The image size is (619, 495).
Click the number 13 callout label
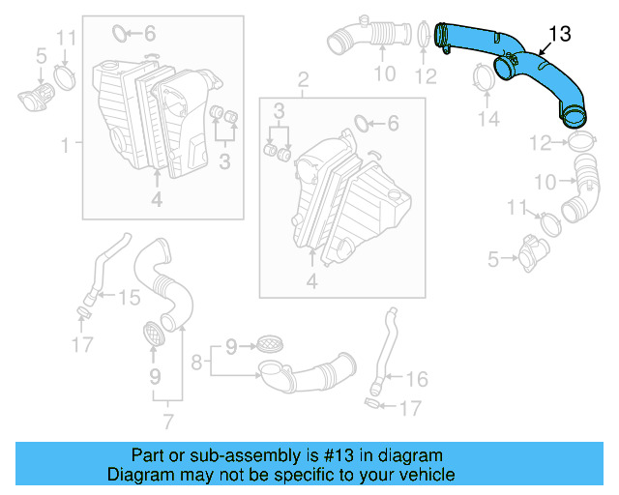pos(560,36)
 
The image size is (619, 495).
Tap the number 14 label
pos(489,119)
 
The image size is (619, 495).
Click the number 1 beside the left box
pos(65,146)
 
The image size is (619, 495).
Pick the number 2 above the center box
pos(303,77)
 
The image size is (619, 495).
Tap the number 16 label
pos(418,379)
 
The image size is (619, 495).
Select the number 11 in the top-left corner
pos(65,38)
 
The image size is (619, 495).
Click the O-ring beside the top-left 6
pos(120,35)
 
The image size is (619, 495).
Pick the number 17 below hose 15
pos(83,343)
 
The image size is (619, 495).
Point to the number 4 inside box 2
pos(311,281)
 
